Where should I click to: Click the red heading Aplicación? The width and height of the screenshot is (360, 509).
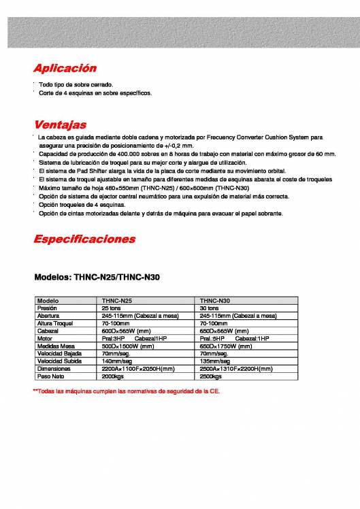point(65,69)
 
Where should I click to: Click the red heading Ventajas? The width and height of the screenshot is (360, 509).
point(60,125)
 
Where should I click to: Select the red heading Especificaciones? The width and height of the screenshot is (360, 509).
point(84,240)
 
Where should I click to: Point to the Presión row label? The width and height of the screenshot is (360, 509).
point(47,308)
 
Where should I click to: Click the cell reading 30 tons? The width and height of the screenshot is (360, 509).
point(209,308)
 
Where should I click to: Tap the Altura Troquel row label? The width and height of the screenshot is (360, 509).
point(53,323)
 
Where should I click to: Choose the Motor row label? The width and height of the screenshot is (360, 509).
point(45,338)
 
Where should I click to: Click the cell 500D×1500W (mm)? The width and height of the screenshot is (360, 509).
point(125,346)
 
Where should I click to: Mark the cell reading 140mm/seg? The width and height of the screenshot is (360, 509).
point(117,361)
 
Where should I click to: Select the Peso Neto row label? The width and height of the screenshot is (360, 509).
point(50,376)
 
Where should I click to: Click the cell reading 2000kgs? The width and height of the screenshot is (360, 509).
point(114,376)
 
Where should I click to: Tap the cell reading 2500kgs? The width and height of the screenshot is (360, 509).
point(212,376)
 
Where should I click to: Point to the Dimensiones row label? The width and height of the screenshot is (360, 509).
point(53,368)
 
